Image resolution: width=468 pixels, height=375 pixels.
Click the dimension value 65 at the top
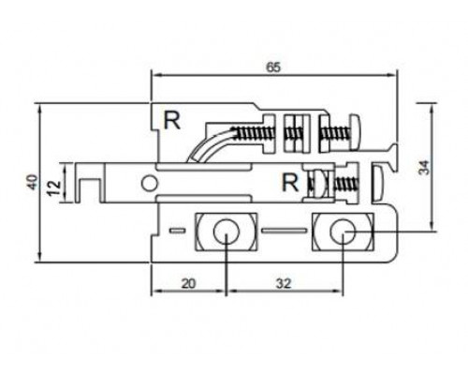273,67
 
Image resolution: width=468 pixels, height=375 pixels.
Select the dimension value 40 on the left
32,182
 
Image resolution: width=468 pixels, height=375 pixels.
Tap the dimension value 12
55,187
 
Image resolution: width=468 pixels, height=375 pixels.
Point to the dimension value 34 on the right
424,167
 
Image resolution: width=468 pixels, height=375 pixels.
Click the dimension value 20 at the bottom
188,283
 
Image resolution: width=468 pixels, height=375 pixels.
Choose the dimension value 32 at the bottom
284,283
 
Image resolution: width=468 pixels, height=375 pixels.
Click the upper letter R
172,121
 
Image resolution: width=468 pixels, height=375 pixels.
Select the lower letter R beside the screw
290,183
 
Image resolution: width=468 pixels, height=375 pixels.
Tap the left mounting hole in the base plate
227,232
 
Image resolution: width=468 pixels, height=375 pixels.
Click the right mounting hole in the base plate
344,232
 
